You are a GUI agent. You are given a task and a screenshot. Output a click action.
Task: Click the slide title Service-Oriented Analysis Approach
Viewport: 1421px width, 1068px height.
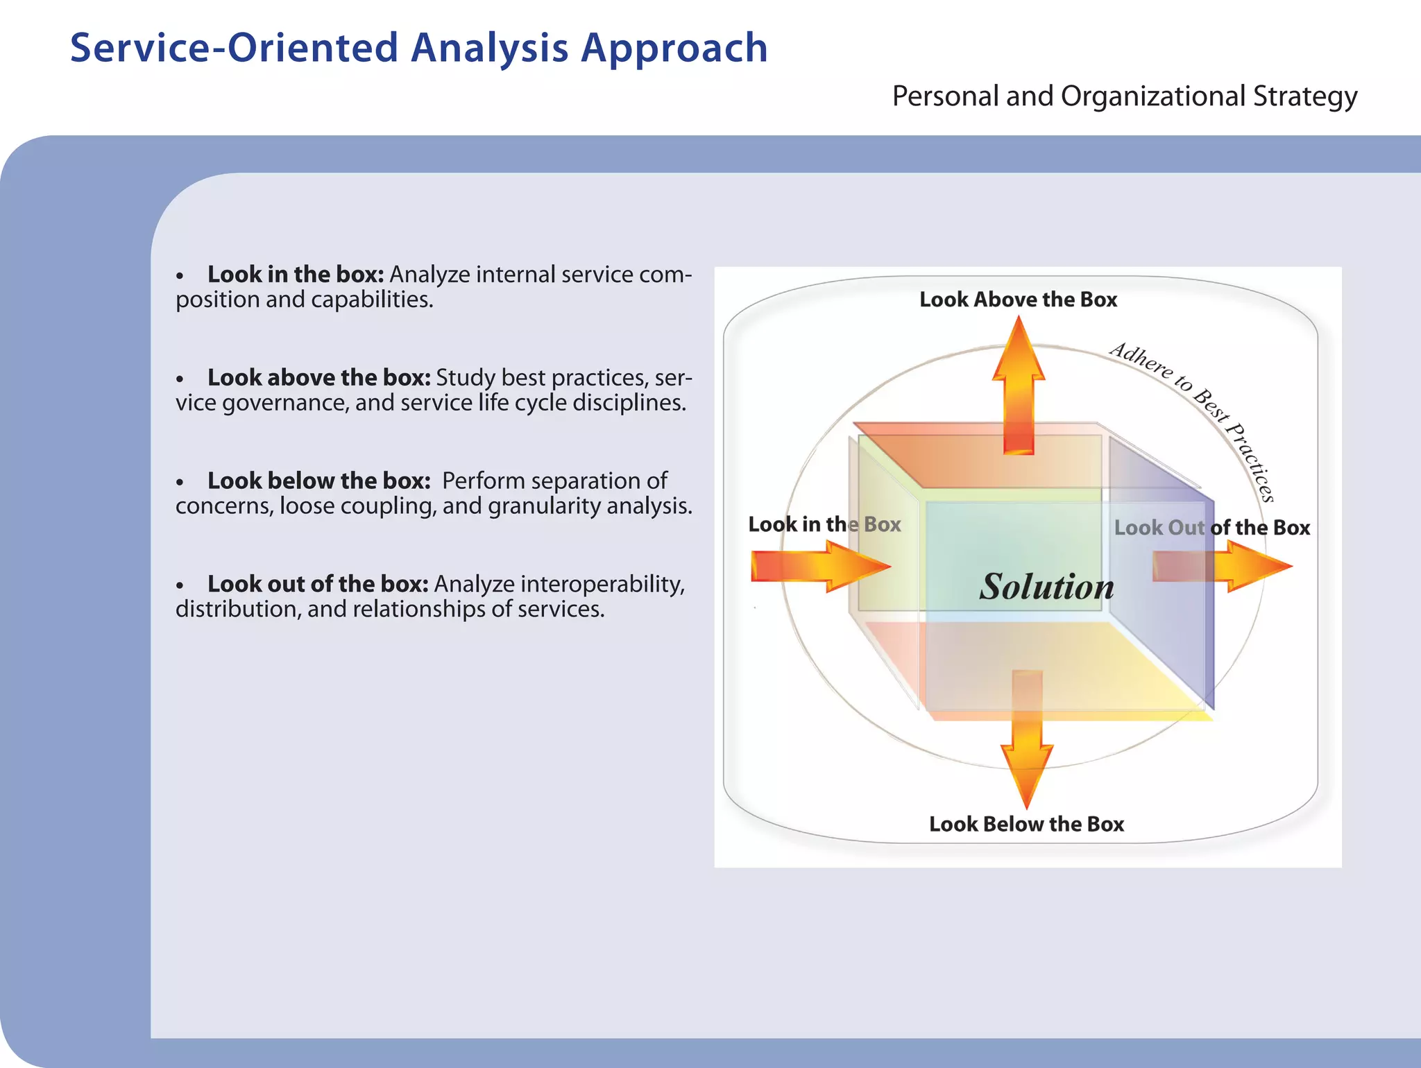pos(418,49)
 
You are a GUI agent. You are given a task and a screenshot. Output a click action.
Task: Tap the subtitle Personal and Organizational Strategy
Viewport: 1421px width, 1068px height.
pos(1124,96)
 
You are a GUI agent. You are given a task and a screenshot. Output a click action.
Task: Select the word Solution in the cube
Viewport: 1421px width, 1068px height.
pos(1046,587)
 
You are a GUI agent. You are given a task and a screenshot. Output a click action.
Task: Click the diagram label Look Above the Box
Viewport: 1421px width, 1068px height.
pos(1018,300)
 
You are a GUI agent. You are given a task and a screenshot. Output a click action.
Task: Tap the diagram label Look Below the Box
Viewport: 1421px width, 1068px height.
pos(1026,824)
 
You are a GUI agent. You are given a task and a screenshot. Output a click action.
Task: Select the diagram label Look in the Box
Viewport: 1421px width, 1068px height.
pos(824,524)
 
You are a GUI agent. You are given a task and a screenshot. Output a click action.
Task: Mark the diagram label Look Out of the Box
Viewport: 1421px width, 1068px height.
pos(1212,528)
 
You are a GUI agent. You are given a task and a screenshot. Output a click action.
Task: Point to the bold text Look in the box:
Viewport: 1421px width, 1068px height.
pos(296,275)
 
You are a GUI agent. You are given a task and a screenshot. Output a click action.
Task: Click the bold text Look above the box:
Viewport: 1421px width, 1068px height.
pos(319,378)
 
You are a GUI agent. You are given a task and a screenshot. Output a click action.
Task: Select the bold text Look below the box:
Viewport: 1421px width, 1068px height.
pos(319,481)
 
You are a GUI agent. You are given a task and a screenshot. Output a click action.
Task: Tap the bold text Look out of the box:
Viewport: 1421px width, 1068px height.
pos(318,584)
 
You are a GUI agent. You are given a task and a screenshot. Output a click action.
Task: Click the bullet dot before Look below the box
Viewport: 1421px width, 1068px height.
pos(180,483)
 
